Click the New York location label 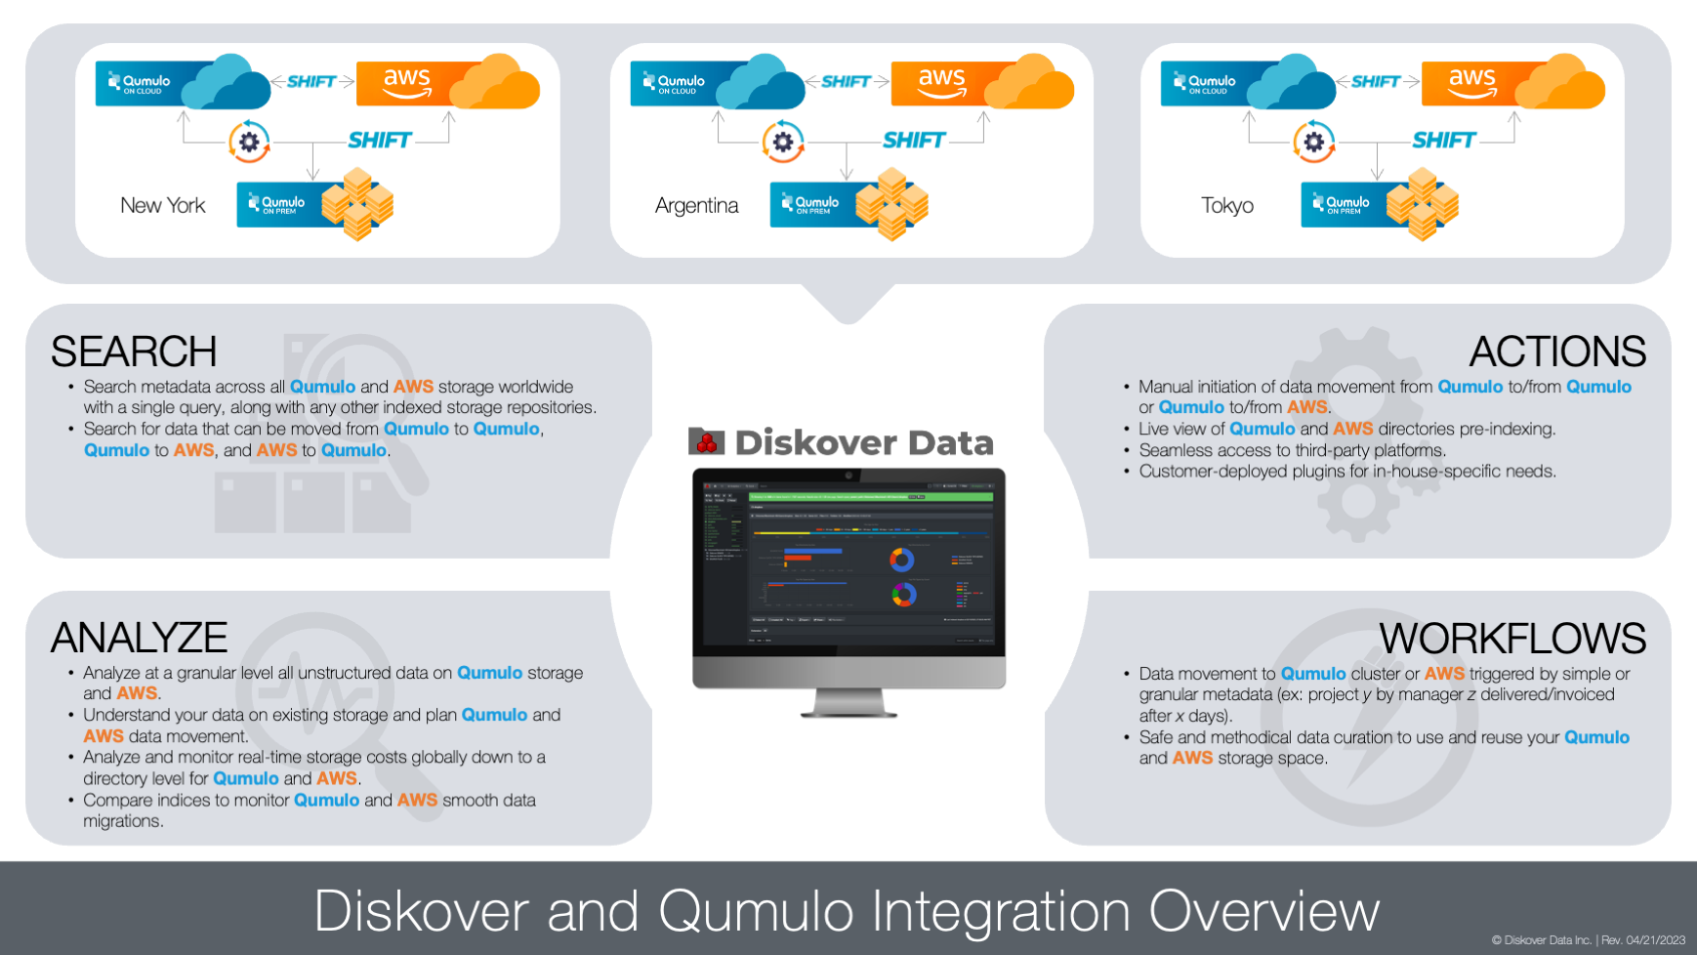coord(163,205)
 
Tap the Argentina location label coord(696,205)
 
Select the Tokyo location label coord(1227,205)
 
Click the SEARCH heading coord(134,352)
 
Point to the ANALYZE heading coord(139,638)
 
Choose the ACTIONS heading coord(1557,352)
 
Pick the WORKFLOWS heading coord(1512,639)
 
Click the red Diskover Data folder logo coord(706,442)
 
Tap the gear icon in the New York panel coord(249,143)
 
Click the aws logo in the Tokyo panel coord(1471,82)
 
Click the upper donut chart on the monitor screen coord(901,560)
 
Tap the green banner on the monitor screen coord(870,497)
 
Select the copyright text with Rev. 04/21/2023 coord(1588,940)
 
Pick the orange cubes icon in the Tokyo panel coord(1422,204)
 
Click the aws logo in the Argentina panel coord(941,82)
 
